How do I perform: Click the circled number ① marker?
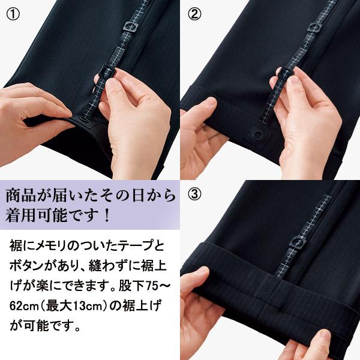[13, 14]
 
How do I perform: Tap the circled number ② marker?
[194, 14]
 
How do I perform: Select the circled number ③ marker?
[194, 194]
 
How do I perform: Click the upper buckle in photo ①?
[130, 26]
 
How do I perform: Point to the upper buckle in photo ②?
[314, 26]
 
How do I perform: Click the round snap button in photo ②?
[259, 134]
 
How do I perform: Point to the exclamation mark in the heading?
[106, 215]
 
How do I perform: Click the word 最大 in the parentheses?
[58, 306]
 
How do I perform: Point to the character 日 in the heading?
[138, 196]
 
